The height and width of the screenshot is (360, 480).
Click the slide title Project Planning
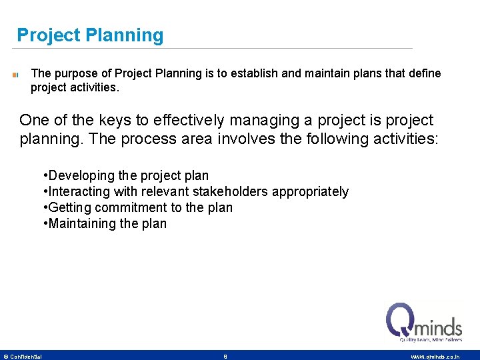90,35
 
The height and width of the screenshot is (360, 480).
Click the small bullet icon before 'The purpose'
15,75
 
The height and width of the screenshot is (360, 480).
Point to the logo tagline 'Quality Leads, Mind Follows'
431,340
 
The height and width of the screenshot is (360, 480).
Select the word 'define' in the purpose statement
424,73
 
